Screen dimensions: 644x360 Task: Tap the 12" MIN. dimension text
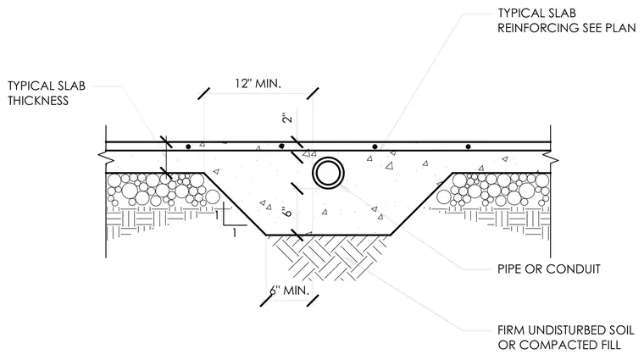click(x=258, y=84)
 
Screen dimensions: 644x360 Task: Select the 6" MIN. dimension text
click(x=289, y=291)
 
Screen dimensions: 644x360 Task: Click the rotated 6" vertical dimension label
click(x=287, y=212)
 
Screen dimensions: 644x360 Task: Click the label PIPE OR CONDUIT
click(x=549, y=269)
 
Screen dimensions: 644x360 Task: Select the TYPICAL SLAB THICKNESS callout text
click(x=47, y=93)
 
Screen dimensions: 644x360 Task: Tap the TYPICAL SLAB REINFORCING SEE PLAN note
click(x=566, y=20)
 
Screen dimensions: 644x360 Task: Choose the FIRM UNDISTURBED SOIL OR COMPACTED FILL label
click(x=565, y=337)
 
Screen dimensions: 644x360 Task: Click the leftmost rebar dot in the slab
click(x=188, y=147)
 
